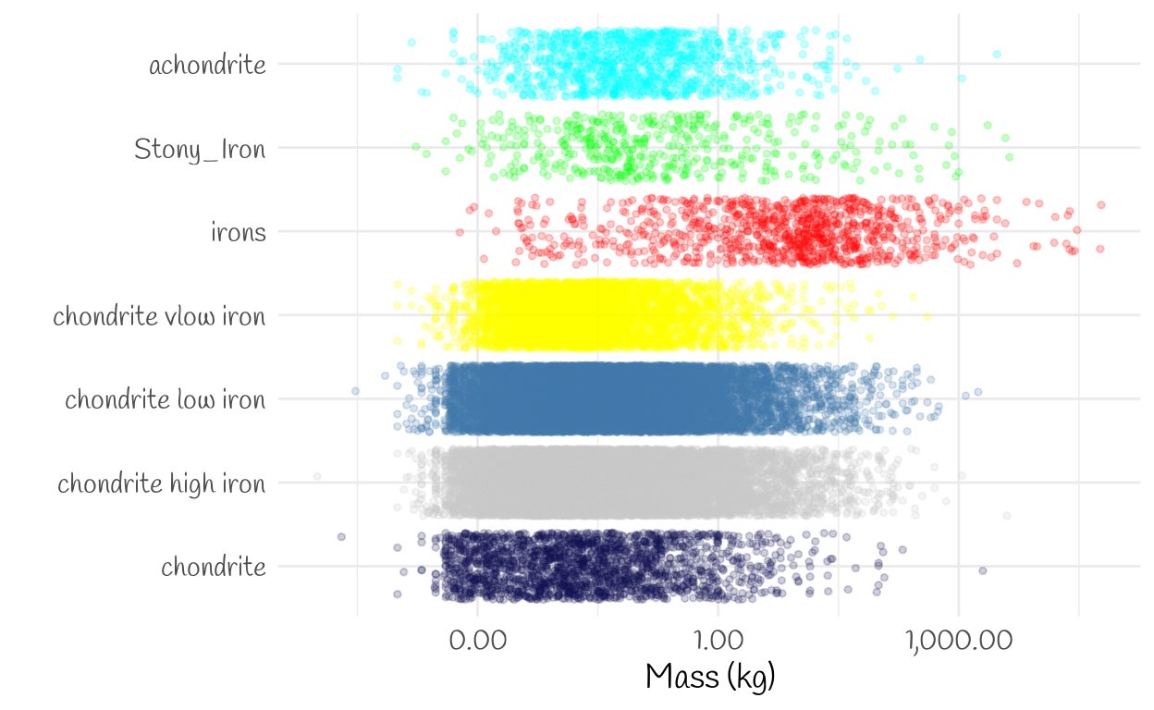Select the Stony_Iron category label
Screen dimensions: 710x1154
click(x=200, y=149)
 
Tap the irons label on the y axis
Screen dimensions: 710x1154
click(x=239, y=232)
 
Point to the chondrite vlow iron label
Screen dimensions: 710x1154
click(x=159, y=316)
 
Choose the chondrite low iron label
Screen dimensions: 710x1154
click(x=165, y=400)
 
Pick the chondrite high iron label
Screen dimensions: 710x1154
click(x=162, y=484)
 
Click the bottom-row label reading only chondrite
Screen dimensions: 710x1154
click(x=214, y=567)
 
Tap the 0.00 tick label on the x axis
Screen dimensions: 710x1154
click(x=478, y=641)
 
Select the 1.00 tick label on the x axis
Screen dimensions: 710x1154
click(x=718, y=641)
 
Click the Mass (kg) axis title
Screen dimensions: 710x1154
click(x=710, y=678)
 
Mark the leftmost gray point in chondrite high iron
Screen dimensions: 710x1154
click(x=317, y=476)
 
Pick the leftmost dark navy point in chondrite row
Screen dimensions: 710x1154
click(x=341, y=536)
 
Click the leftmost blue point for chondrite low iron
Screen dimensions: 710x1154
click(x=355, y=392)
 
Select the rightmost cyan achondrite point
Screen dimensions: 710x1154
click(x=997, y=55)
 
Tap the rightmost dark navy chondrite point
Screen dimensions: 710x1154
click(x=983, y=570)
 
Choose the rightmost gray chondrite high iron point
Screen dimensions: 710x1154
click(x=1007, y=515)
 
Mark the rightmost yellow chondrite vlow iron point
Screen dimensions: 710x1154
click(x=927, y=318)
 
